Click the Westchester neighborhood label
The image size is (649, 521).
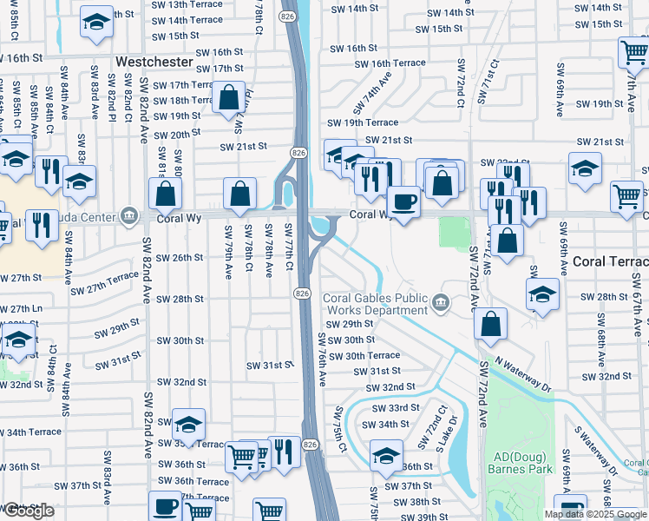click(x=154, y=63)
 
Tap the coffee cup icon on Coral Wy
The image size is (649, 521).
click(x=403, y=203)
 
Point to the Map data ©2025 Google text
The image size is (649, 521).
click(x=595, y=514)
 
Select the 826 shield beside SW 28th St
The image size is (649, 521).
click(x=302, y=294)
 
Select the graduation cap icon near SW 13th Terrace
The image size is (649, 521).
click(x=96, y=23)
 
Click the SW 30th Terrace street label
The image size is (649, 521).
click(x=372, y=355)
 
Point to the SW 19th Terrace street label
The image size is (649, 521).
click(x=370, y=123)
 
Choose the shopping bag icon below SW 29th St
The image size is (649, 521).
click(x=491, y=325)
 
